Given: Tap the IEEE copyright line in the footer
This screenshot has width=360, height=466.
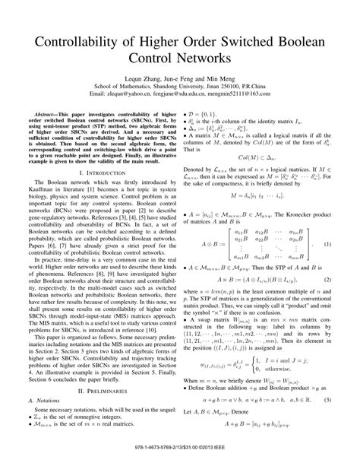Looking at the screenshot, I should (180, 458).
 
